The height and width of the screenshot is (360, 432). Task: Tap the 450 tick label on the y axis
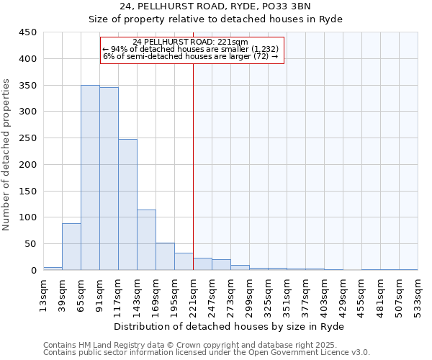click(x=28, y=32)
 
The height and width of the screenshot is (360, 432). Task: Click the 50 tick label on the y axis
click(x=31, y=244)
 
